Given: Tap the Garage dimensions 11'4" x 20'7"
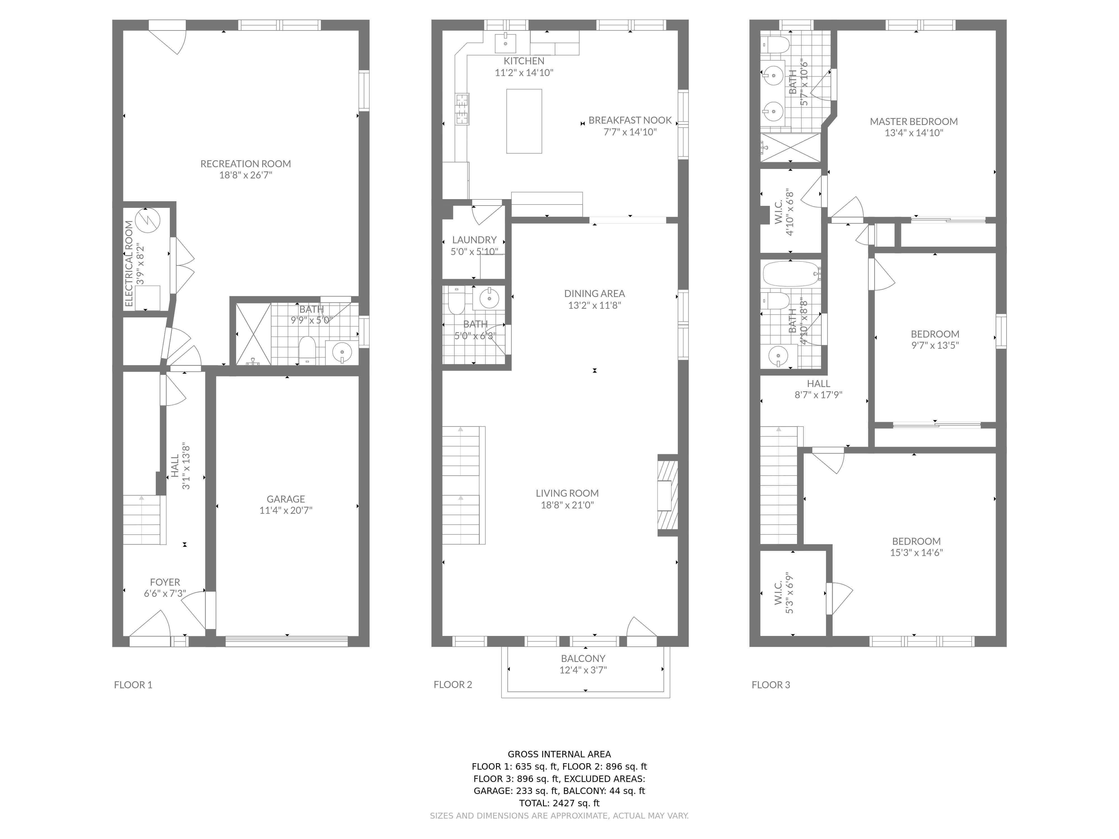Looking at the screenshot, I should [x=286, y=510].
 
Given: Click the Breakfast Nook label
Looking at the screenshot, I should [x=630, y=120].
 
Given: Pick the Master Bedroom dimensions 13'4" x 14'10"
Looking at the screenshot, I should [x=914, y=133].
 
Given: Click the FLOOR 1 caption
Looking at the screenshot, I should [x=133, y=685].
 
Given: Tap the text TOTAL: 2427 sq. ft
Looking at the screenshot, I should [x=559, y=803].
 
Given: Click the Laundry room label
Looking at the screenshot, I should [x=474, y=240].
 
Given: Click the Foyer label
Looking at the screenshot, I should [x=165, y=582].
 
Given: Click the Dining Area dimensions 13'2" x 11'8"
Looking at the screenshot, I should [x=594, y=305].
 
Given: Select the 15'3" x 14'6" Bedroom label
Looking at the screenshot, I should [x=916, y=541].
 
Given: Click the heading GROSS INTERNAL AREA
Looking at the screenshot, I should [x=559, y=754].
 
